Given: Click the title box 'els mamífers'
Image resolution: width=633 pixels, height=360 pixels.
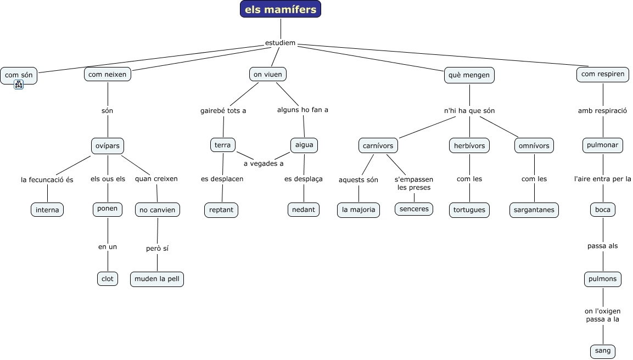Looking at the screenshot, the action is coord(281,9).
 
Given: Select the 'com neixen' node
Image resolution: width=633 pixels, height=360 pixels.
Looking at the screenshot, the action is coord(108,74).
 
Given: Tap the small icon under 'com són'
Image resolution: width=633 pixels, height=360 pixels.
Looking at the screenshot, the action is coord(19,85).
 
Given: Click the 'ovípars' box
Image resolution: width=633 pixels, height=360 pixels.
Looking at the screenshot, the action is coord(108,145).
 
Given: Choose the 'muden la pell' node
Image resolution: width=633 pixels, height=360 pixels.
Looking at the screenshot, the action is coord(157,279).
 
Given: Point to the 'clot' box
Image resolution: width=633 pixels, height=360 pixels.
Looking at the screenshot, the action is coord(108,279).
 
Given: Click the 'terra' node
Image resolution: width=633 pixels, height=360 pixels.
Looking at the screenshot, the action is coord(223,145).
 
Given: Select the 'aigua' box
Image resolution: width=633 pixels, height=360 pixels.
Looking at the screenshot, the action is coord(304,145).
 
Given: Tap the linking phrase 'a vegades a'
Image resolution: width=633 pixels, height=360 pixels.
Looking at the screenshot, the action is coord(264,164).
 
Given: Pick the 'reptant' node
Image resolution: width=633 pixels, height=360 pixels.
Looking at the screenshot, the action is coord(221,210).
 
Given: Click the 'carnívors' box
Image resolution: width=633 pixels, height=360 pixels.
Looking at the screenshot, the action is coord(378,145).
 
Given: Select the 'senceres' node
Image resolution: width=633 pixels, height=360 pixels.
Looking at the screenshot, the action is coord(414,209).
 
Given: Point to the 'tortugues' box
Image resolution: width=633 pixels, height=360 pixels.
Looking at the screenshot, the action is coord(469,210).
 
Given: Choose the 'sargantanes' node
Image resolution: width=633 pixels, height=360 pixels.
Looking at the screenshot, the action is coord(534,210).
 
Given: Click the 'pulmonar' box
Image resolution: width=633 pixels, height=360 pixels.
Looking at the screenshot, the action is coord(603,145).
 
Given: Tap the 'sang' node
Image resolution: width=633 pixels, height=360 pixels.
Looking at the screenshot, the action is coord(603,351).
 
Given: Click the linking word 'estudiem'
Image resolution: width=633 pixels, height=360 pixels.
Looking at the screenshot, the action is coord(280,43).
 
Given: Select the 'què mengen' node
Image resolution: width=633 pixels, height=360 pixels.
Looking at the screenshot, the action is coord(469,75).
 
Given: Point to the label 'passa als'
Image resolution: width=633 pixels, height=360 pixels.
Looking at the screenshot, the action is coord(603,246).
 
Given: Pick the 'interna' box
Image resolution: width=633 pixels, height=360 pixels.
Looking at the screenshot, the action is coord(47,210).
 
